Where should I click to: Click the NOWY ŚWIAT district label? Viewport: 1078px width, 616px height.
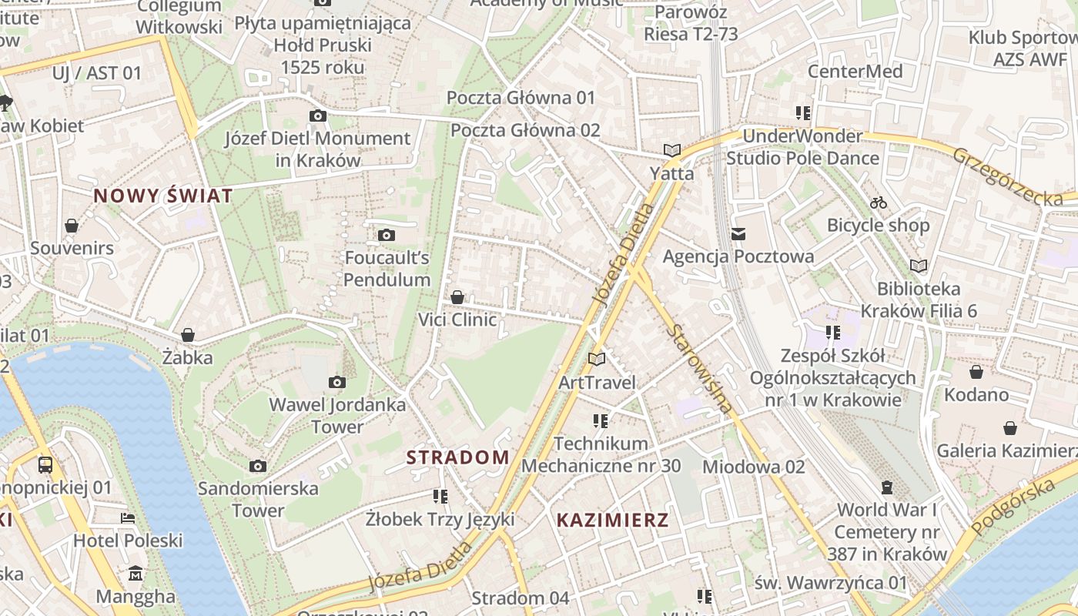tap(162, 196)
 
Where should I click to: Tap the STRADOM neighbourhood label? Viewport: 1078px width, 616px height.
tap(457, 457)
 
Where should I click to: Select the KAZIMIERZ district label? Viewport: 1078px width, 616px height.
tap(612, 520)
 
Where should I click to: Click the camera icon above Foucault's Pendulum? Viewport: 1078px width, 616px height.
tap(387, 235)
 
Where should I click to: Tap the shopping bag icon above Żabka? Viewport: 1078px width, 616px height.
tap(187, 335)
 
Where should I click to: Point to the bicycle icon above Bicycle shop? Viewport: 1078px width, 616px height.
tap(878, 203)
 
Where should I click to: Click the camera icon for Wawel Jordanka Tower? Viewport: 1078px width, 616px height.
tap(336, 383)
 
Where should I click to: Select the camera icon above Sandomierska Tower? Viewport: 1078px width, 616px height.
tap(258, 466)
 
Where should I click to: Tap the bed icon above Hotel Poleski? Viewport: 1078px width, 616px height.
tap(128, 518)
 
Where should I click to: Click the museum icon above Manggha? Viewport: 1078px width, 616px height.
tap(136, 574)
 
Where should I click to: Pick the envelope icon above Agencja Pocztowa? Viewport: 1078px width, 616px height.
tap(738, 234)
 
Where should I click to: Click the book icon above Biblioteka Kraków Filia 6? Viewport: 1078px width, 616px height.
tap(918, 266)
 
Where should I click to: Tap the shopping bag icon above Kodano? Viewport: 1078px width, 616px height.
tap(976, 373)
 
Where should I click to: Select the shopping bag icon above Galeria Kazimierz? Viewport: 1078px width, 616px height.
tap(1010, 428)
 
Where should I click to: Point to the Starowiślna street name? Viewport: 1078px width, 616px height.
tap(700, 369)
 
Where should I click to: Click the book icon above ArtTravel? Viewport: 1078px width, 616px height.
tap(597, 359)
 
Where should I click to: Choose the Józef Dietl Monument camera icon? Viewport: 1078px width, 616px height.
tap(317, 116)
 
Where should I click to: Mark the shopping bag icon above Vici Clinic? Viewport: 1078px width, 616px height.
tap(457, 297)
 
